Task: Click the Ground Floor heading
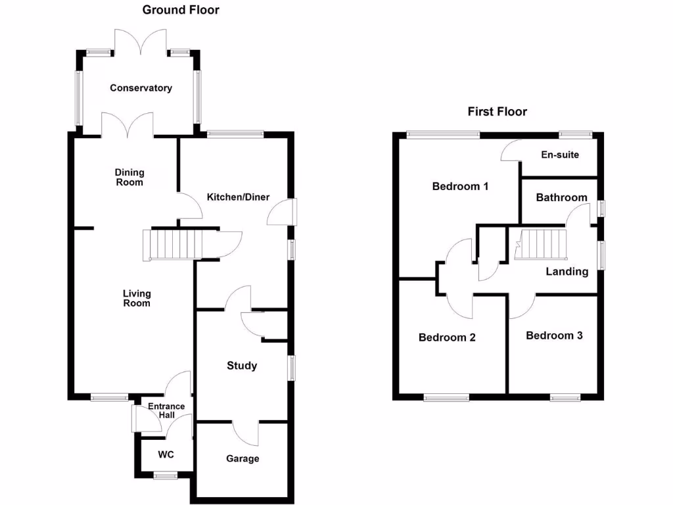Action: [x=181, y=10]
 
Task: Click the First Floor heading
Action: [x=497, y=112]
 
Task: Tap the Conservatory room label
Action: [x=141, y=88]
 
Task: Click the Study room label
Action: [x=241, y=366]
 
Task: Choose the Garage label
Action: [x=243, y=458]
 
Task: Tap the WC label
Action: [x=164, y=454]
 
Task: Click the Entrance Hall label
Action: [x=166, y=411]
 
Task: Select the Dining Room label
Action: [x=129, y=178]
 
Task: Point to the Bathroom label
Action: [x=561, y=197]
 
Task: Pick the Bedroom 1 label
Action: [x=460, y=186]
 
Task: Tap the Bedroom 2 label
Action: [x=447, y=337]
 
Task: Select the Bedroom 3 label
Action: [x=554, y=335]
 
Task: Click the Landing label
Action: [x=567, y=271]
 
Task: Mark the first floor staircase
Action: [x=542, y=244]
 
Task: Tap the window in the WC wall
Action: [x=165, y=475]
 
